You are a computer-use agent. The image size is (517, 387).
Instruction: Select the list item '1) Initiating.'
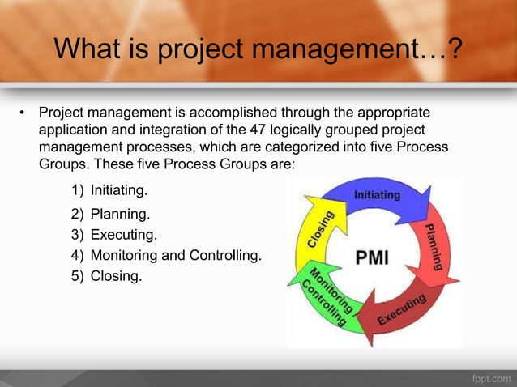(109, 191)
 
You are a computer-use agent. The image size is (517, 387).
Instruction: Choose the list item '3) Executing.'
(113, 236)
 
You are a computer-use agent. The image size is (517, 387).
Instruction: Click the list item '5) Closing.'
(105, 276)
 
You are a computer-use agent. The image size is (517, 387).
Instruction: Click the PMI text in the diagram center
(373, 258)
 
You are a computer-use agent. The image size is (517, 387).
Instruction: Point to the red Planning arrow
(433, 243)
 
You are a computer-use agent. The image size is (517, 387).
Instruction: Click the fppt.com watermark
(489, 377)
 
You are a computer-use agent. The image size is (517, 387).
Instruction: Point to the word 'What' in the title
(86, 51)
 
